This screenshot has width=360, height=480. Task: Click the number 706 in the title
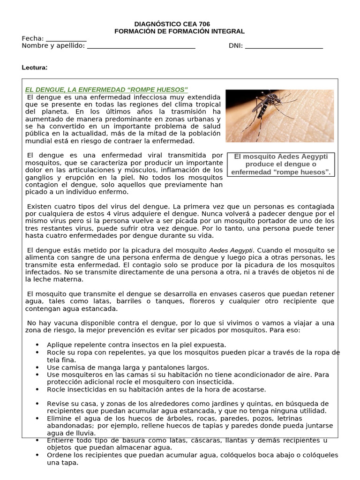[204, 24]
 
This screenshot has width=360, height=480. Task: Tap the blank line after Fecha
[66, 39]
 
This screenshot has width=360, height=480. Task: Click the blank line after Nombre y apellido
[141, 46]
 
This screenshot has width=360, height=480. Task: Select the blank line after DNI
[284, 46]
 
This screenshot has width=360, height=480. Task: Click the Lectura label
[35, 67]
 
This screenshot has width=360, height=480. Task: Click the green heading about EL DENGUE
[106, 90]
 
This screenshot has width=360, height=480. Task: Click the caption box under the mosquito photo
[281, 164]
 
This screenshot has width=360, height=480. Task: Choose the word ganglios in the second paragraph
[37, 177]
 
